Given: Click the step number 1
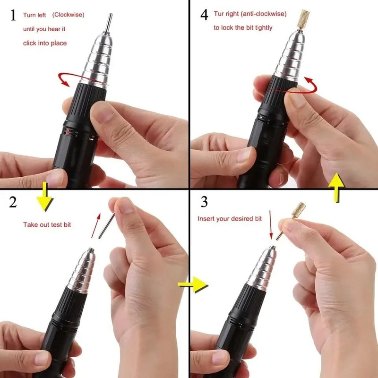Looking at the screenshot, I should (13, 15).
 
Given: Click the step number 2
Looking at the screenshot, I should (13, 202).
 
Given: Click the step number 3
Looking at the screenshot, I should (204, 202).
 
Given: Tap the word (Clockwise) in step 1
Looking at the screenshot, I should (68, 15).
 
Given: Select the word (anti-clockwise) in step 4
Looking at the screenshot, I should (263, 14).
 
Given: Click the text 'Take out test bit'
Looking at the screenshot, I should (47, 224).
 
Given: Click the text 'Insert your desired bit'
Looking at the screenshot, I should (229, 219).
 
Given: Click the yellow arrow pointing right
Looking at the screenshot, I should (193, 284).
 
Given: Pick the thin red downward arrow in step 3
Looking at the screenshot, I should (270, 225).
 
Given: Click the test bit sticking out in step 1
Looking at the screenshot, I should (110, 22).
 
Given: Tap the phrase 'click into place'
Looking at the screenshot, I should (45, 43).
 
